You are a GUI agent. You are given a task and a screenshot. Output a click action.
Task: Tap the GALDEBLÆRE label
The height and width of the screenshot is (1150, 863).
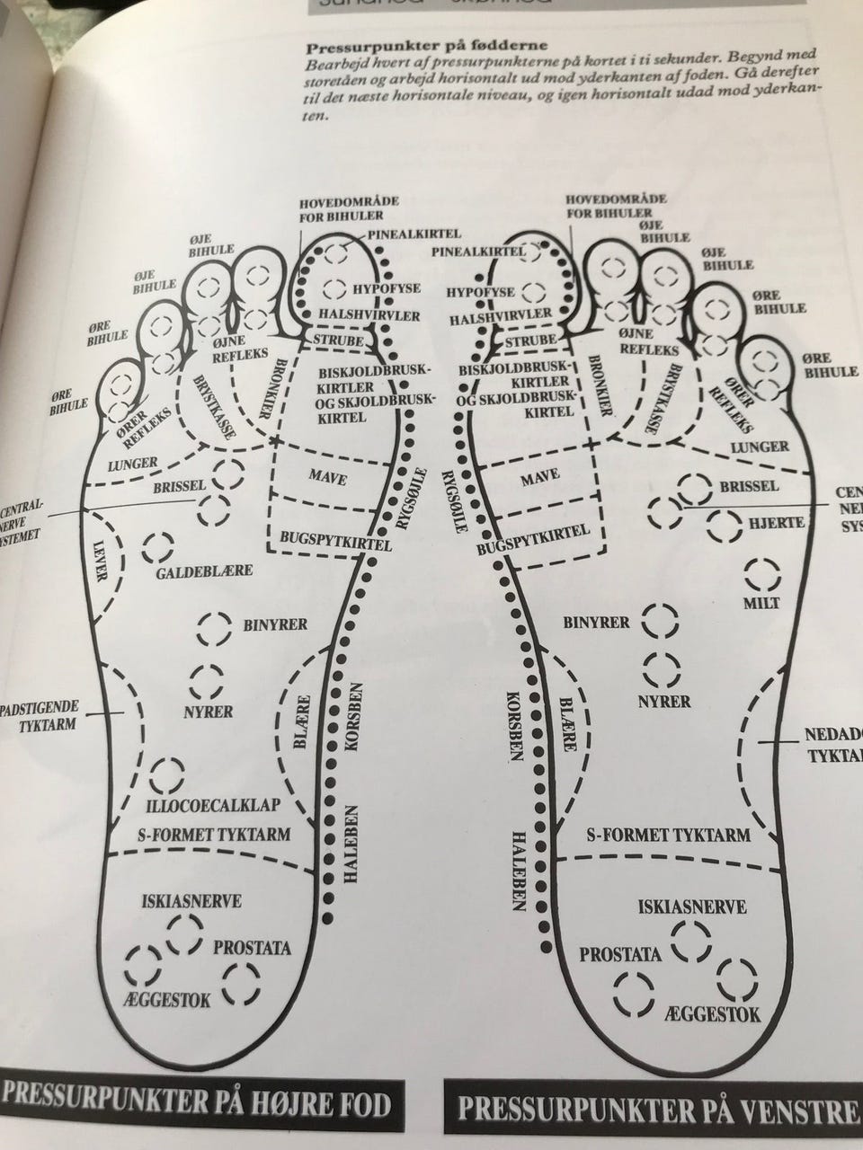click(x=204, y=571)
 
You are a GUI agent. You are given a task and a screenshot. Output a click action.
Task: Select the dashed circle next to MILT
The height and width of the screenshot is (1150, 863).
click(x=761, y=571)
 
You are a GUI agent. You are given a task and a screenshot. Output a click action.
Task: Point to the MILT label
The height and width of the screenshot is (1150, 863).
click(x=761, y=603)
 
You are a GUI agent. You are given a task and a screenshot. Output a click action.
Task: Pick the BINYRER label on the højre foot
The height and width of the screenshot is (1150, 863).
click(x=276, y=624)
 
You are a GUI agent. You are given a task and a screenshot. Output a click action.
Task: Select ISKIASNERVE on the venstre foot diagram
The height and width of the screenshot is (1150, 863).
click(x=692, y=907)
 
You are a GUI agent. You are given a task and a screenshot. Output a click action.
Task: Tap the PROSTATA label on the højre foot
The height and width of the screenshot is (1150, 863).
click(x=252, y=948)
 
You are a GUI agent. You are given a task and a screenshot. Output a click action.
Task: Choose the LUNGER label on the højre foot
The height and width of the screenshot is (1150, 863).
click(x=133, y=463)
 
